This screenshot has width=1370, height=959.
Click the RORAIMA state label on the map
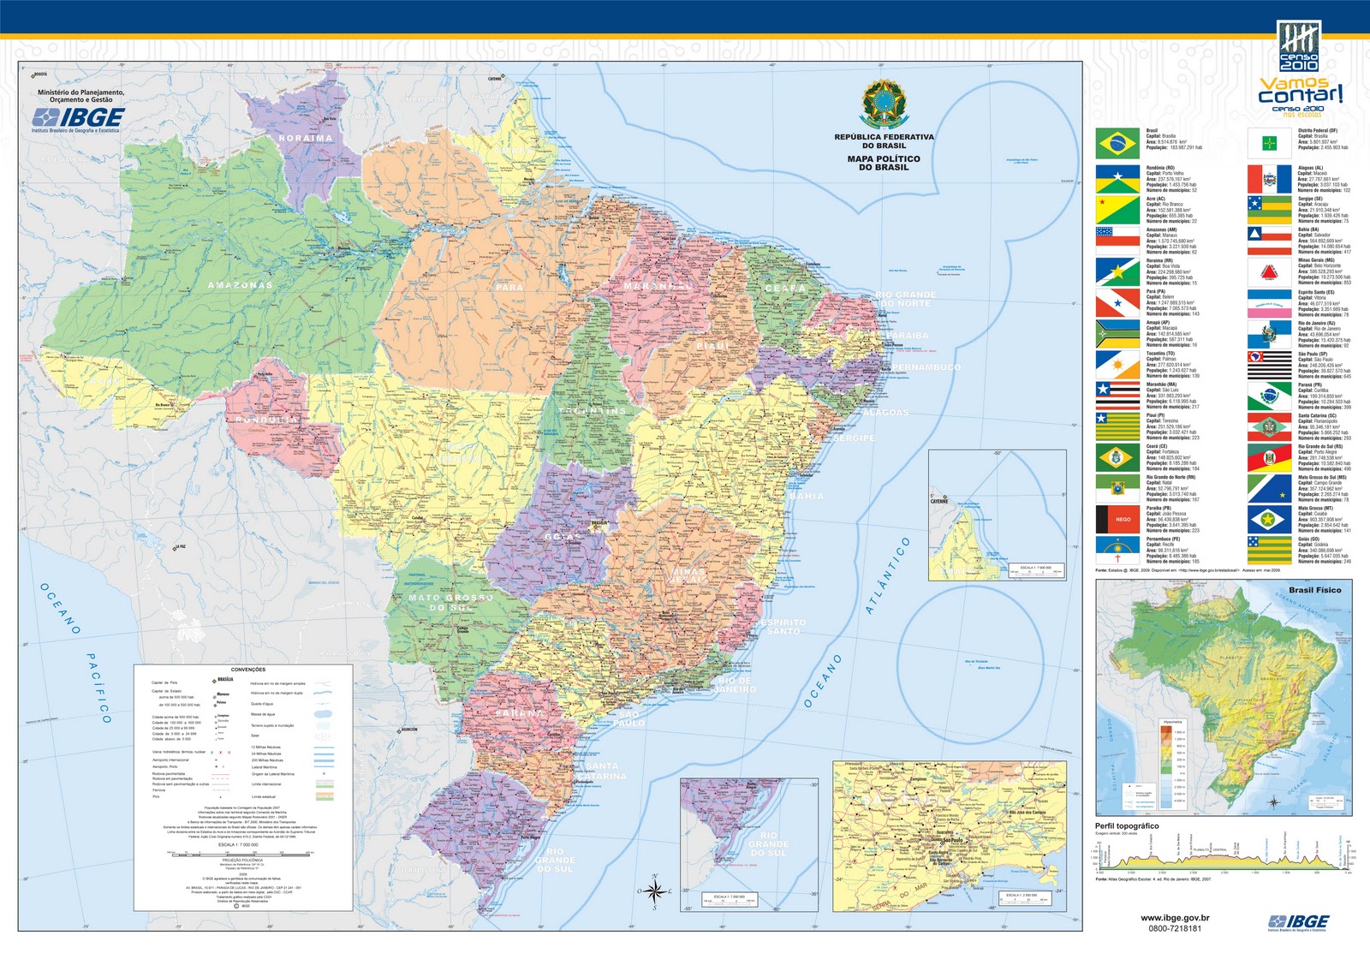coord(306,138)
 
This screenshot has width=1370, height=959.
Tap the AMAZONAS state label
coord(240,285)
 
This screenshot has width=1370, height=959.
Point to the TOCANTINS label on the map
coord(593,411)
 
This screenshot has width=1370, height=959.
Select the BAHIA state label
coord(807,497)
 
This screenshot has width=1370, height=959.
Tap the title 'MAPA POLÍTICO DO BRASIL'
coord(884,163)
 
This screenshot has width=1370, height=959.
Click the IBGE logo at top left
coord(79,117)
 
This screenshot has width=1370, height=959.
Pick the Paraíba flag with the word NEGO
coord(1117,519)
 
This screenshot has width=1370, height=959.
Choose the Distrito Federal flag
coord(1269,143)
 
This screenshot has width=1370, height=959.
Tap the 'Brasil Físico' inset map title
coord(1314,590)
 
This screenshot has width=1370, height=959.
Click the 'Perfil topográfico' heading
coord(1127,826)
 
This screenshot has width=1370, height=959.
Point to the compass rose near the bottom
coord(654,891)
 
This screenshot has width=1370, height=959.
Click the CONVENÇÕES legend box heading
coord(248,670)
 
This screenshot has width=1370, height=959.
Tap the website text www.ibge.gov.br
coord(1175,918)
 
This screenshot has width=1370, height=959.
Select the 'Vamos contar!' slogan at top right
coord(1300,91)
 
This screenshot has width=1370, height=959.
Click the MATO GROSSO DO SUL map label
coord(450,603)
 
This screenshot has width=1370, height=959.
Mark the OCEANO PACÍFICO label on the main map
coord(77,651)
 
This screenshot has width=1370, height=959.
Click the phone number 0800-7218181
coord(1175,928)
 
